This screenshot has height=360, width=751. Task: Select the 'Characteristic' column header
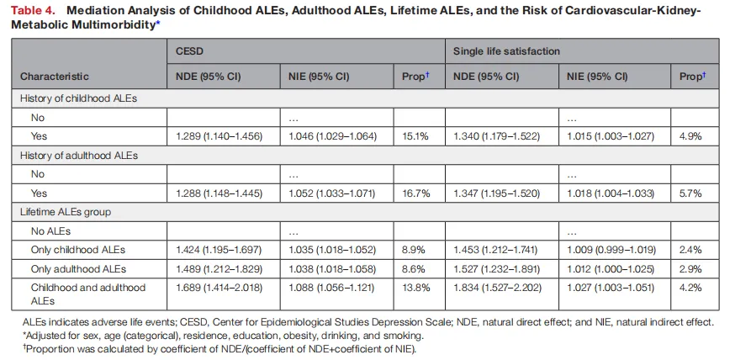[x=55, y=77]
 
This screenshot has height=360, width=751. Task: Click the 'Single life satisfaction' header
[x=506, y=51]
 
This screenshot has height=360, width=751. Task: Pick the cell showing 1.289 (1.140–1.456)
[x=219, y=136]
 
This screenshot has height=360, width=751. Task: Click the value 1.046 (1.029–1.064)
[x=333, y=136]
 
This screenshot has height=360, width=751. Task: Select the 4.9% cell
[x=690, y=136]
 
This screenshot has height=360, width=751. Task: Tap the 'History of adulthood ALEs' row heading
[x=79, y=156]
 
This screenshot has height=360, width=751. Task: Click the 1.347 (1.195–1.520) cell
[x=497, y=193]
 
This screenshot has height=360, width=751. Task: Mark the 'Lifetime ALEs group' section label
[x=65, y=212]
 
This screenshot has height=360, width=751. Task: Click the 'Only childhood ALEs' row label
[x=78, y=250]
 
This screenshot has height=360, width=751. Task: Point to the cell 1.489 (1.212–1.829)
[x=219, y=269]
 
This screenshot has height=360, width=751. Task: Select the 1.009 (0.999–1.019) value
[x=611, y=250]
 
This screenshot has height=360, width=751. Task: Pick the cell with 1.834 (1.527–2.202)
[x=497, y=288]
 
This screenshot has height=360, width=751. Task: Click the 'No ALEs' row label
[x=50, y=231]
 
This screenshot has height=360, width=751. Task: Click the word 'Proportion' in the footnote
[x=49, y=349]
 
